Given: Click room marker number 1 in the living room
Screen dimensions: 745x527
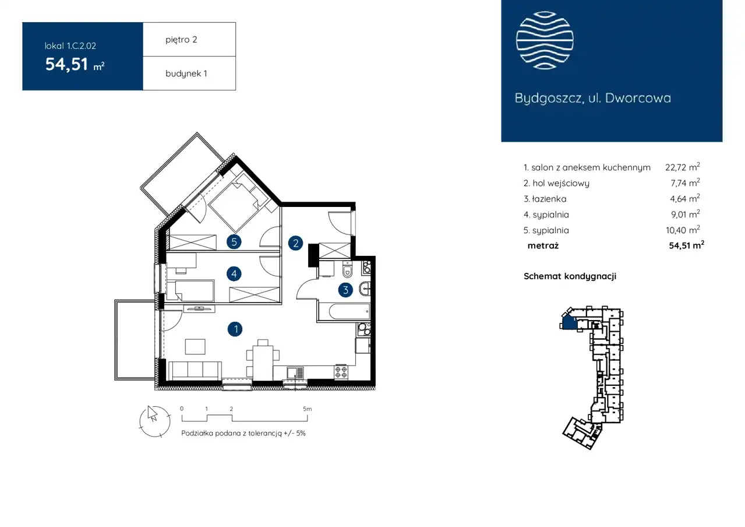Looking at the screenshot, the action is (235, 329).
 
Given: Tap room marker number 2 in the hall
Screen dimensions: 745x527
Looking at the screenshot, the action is (295, 243).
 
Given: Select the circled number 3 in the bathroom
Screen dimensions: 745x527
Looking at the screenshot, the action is (345, 290).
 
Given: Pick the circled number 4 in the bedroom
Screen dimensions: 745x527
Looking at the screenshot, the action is (234, 273).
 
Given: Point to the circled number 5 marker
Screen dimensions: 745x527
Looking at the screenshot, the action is (234, 242).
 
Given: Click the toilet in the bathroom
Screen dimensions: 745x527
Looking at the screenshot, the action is (347, 270).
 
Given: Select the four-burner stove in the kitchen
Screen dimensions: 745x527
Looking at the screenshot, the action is (341, 371).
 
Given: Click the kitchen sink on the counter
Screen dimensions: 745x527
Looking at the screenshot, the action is (295, 373).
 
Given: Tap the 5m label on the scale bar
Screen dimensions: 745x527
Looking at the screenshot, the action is (308, 409).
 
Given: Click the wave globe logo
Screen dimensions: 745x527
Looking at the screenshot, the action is (545, 40).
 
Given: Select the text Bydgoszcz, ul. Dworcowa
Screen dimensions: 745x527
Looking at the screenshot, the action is (592, 98).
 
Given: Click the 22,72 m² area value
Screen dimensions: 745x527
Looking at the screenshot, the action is (683, 167).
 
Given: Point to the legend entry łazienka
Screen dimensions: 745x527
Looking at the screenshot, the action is (545, 199).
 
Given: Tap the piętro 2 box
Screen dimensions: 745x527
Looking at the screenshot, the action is (189, 39).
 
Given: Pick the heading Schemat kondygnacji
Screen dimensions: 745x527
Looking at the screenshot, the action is (570, 276).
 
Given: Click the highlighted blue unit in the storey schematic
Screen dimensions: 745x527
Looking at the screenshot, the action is (569, 322).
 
